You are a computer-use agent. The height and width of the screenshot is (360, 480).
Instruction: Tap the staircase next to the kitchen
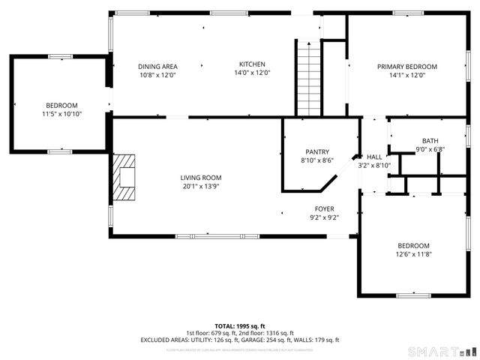[x=308, y=78]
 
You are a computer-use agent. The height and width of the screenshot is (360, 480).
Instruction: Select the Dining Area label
[x=158, y=65]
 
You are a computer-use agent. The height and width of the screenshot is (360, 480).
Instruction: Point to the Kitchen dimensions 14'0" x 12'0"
[x=252, y=73]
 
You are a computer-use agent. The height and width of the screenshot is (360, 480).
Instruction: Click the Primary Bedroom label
[x=406, y=66]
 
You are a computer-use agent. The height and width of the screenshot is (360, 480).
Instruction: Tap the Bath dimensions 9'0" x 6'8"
[x=430, y=149]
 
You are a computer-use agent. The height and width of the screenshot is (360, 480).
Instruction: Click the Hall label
[x=374, y=157]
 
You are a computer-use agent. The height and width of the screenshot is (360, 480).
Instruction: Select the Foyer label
[x=324, y=208]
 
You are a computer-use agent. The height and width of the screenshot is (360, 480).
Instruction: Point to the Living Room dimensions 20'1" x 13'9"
[x=200, y=187]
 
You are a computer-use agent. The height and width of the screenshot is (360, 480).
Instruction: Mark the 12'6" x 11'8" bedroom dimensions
[x=413, y=255]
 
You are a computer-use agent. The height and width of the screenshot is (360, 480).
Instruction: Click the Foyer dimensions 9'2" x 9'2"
[x=324, y=217]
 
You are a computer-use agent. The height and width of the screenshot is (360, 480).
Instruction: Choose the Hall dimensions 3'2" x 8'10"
[x=374, y=165]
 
